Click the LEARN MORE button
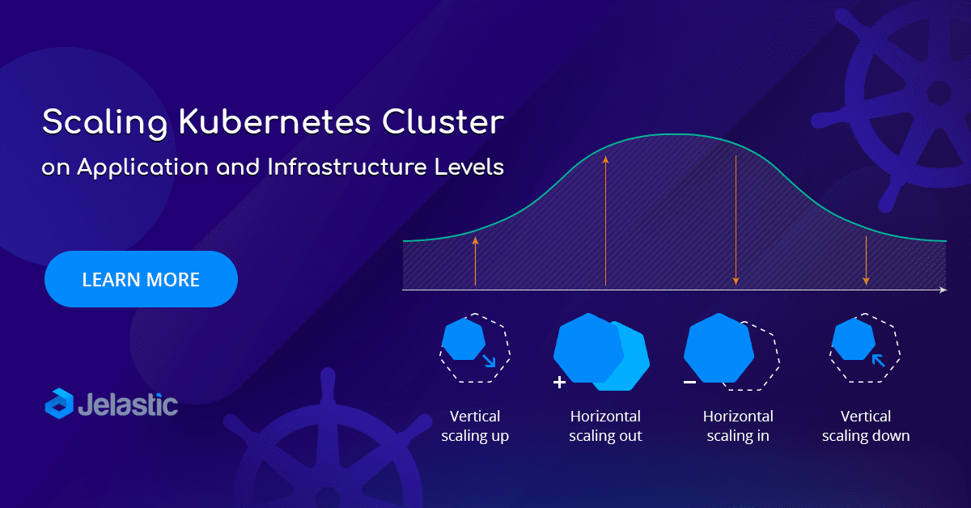141,280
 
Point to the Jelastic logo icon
59,403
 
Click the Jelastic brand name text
129,404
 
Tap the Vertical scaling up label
475,426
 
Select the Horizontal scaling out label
605,426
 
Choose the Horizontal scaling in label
738,426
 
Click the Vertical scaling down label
866,426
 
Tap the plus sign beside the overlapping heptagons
559,382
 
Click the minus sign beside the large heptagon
689,381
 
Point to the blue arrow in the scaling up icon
488,360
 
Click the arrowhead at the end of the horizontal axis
942,289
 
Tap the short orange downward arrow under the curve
866,260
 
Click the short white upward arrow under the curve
475,261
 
